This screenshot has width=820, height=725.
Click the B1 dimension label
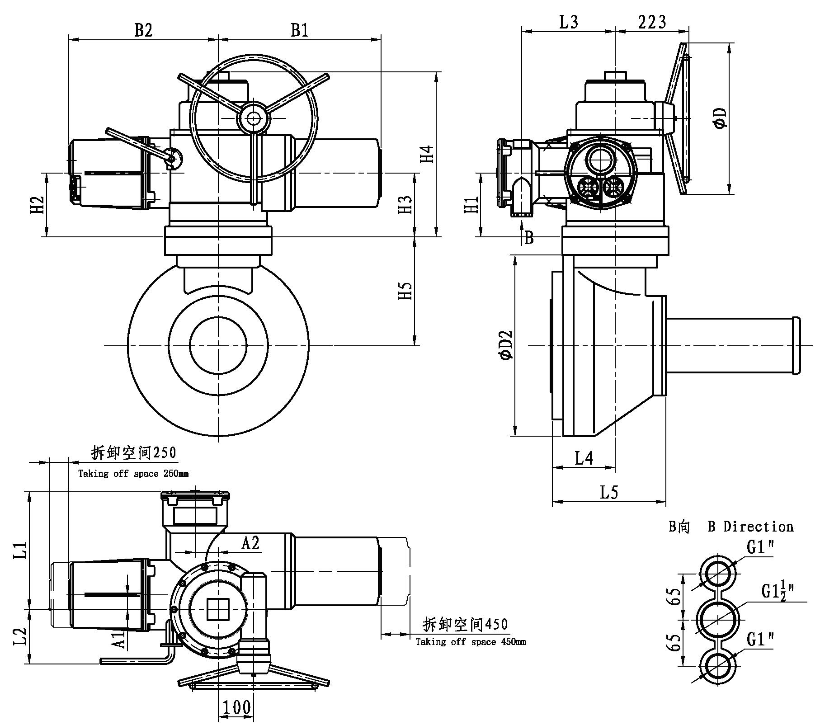click(299, 30)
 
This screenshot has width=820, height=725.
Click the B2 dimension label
click(143, 30)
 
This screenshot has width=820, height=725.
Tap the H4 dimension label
click(427, 154)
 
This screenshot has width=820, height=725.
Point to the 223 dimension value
click(652, 22)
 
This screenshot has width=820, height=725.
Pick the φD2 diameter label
click(506, 345)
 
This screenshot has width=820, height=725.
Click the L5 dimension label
click(608, 493)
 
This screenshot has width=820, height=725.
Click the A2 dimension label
click(250, 543)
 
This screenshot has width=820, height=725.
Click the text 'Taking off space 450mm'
click(471, 642)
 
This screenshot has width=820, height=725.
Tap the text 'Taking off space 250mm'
click(133, 474)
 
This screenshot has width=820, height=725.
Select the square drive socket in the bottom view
click(219, 609)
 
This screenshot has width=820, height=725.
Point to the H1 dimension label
click(471, 204)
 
